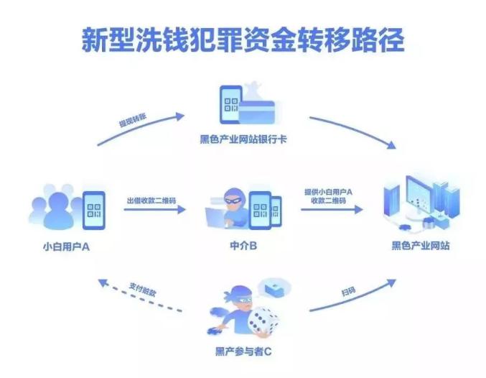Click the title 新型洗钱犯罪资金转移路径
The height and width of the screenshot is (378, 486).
tap(243, 40)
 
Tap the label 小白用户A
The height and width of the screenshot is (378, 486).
tap(66, 246)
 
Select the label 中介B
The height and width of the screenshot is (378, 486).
tap(243, 246)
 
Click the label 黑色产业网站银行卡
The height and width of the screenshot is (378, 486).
tap(243, 139)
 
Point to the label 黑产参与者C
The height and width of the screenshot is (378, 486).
tap(243, 351)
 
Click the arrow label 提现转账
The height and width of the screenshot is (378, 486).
tap(133, 120)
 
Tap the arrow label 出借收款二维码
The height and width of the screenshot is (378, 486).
tap(151, 200)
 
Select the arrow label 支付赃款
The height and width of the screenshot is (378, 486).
tap(143, 290)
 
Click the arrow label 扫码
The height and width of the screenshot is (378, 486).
tap(348, 291)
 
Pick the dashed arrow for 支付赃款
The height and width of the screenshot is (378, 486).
tap(140, 296)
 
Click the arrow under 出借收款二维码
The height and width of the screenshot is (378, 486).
tap(154, 210)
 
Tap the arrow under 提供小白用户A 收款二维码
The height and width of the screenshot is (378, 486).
tap(332, 210)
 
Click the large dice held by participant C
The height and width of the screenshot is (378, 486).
tap(262, 321)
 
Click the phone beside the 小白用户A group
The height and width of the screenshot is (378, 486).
tap(94, 210)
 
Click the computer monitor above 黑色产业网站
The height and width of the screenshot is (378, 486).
tap(419, 194)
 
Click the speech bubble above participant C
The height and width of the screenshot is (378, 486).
tap(275, 288)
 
